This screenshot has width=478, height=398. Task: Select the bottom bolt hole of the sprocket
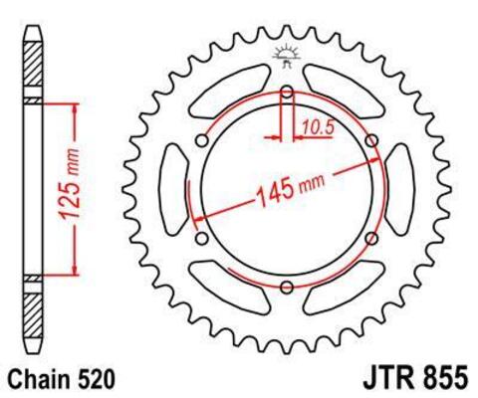pyautogui.click(x=287, y=288)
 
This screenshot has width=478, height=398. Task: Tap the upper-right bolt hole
pyautogui.click(x=371, y=141)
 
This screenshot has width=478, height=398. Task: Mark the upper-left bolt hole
pyautogui.click(x=202, y=141)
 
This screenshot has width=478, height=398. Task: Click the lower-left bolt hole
pyautogui.click(x=202, y=239)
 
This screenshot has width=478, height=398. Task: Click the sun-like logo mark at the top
pyautogui.click(x=287, y=57)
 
